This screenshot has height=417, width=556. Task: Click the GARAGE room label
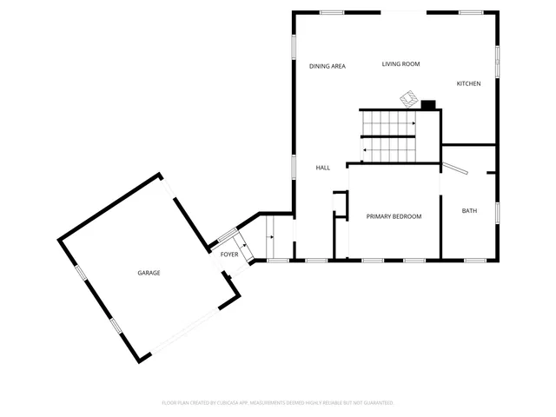pos(149,273)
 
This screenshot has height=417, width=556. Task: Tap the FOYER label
pos(228,255)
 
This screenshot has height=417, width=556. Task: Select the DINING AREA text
pos(328,66)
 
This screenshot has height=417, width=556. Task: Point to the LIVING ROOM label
pos(401,63)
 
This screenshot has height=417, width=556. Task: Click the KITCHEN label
pos(469,83)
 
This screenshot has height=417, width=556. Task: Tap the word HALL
pos(322,168)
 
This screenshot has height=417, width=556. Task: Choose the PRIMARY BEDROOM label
pos(394,216)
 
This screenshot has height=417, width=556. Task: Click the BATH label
pos(469,211)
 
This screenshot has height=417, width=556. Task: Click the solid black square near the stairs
pos(428,105)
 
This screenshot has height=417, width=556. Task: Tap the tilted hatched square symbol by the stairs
pos(407,99)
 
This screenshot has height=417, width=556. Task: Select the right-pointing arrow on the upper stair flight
pos(413,123)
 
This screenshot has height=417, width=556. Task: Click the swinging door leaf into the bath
pos(456,166)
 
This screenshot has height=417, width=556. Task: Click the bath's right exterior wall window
pos(498,212)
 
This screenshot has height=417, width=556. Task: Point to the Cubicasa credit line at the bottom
pos(278,403)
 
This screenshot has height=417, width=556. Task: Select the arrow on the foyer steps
pos(247,246)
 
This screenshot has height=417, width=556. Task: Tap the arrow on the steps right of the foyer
pos(272,236)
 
